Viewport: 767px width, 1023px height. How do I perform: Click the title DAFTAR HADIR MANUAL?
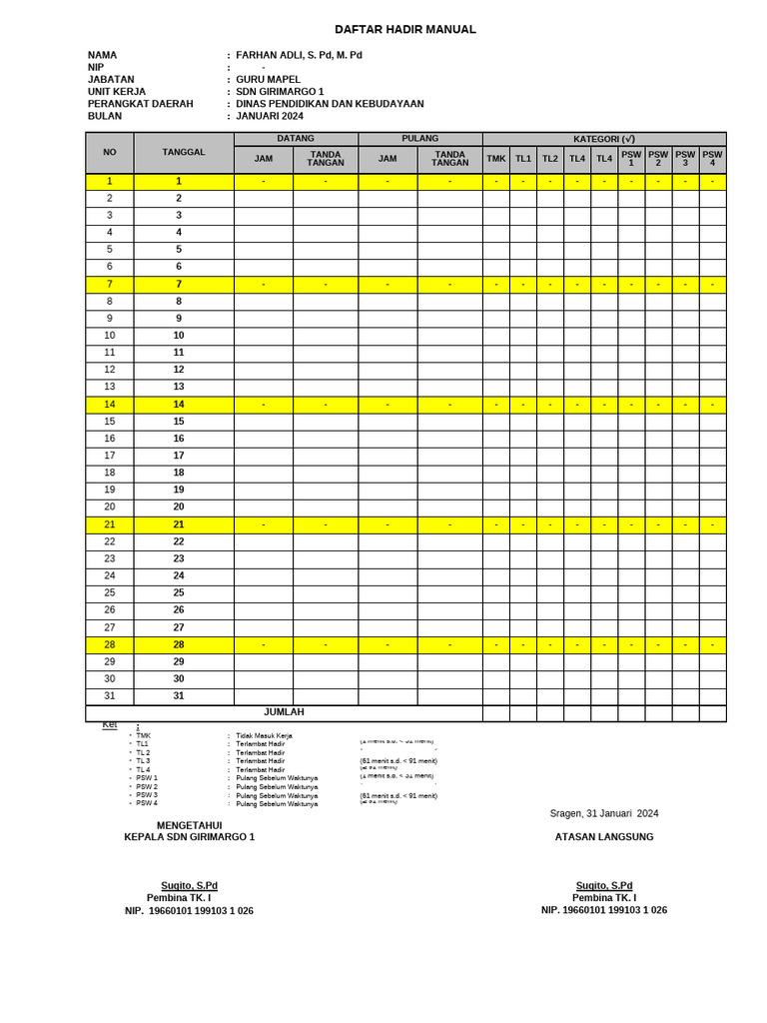404,30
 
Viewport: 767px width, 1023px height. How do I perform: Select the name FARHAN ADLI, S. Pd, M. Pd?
299,56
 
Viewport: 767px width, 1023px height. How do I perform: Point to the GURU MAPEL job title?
268,80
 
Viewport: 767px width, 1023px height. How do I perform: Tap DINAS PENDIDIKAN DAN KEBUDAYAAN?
330,104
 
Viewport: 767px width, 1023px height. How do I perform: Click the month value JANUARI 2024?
270,116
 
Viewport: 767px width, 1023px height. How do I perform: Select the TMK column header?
496,159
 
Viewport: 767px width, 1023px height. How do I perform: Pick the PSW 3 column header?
685,159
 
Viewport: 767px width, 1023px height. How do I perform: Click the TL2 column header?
550,159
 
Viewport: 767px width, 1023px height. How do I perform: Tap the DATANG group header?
296,139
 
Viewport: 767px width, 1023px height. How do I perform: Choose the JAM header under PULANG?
387,159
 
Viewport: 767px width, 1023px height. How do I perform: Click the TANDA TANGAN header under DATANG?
326,159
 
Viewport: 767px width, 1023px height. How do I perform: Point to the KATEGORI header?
604,139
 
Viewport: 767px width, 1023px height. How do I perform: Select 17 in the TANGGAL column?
179,456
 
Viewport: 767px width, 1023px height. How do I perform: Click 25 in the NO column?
110,592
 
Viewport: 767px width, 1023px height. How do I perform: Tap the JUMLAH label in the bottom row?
284,712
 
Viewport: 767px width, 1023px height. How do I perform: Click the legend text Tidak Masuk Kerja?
264,735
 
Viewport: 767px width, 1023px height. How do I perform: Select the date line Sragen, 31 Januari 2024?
604,813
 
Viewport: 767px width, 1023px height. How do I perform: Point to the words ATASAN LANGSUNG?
604,837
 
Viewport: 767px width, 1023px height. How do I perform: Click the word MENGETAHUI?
190,825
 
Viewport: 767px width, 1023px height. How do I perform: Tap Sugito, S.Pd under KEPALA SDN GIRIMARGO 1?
190,886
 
